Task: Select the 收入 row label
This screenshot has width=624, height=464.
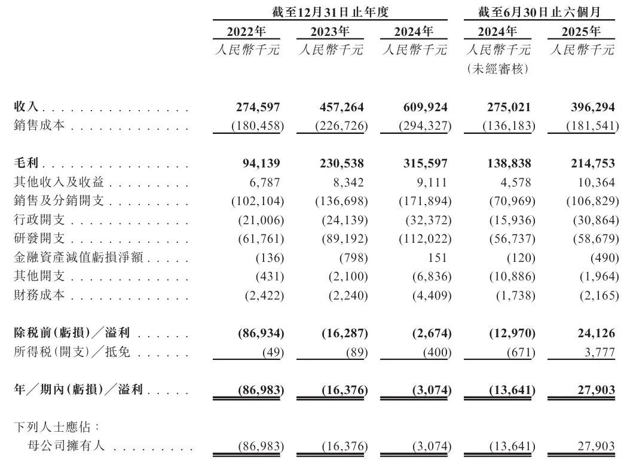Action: click(26, 107)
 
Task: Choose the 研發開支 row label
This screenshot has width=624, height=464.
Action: click(39, 238)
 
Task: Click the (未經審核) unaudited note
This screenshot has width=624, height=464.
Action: click(497, 69)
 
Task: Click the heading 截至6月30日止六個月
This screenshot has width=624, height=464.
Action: click(539, 11)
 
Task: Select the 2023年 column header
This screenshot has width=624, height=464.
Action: click(330, 31)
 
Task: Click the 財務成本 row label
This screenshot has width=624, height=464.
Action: click(39, 295)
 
